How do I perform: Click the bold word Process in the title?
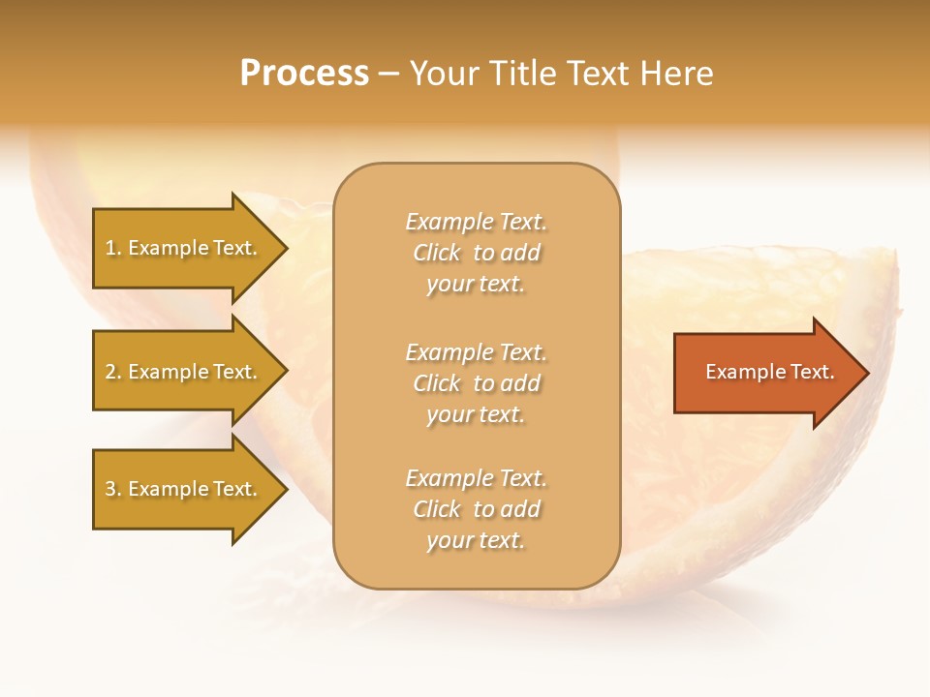click(304, 74)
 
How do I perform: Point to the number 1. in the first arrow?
click(113, 248)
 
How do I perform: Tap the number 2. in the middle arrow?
click(113, 372)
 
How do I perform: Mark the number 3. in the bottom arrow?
click(113, 489)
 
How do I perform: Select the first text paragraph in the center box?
click(476, 253)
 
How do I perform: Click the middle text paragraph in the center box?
click(476, 383)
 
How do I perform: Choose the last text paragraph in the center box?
click(476, 509)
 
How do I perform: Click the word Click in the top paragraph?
click(437, 253)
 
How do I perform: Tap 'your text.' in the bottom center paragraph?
click(476, 540)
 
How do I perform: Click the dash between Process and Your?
click(388, 75)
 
